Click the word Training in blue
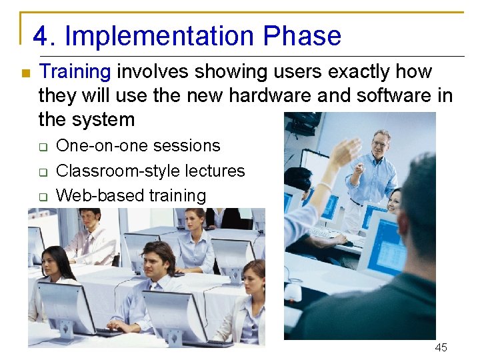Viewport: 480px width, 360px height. [x=75, y=71]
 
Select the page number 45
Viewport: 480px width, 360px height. [x=441, y=347]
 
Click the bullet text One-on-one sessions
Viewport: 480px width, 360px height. [x=138, y=145]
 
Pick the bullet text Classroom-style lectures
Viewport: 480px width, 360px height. [x=151, y=171]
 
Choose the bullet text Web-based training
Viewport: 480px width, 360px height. [x=131, y=195]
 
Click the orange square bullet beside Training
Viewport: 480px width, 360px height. [x=25, y=73]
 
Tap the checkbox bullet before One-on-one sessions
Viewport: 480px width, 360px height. [x=42, y=147]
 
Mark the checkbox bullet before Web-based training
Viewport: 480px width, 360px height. [x=42, y=197]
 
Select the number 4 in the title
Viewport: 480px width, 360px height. [x=40, y=36]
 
